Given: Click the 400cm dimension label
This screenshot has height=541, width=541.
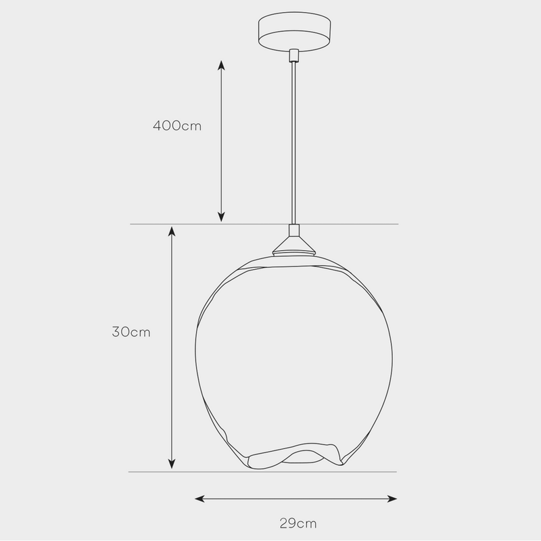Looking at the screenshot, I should pos(177,126).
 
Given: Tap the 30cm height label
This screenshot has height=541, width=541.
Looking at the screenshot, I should pos(131,332).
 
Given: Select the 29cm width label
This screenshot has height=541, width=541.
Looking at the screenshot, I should pos(298,523).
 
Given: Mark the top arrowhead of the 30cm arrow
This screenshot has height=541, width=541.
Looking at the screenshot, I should pos(172,232).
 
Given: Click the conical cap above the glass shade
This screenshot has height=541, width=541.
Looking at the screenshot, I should pos(293,245).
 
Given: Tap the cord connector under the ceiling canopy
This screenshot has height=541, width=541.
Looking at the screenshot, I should pos(293,55).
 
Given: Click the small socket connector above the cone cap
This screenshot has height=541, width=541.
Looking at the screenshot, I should pos(293,230).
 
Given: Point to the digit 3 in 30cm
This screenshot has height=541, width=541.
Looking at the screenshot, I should pos(116,332).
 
